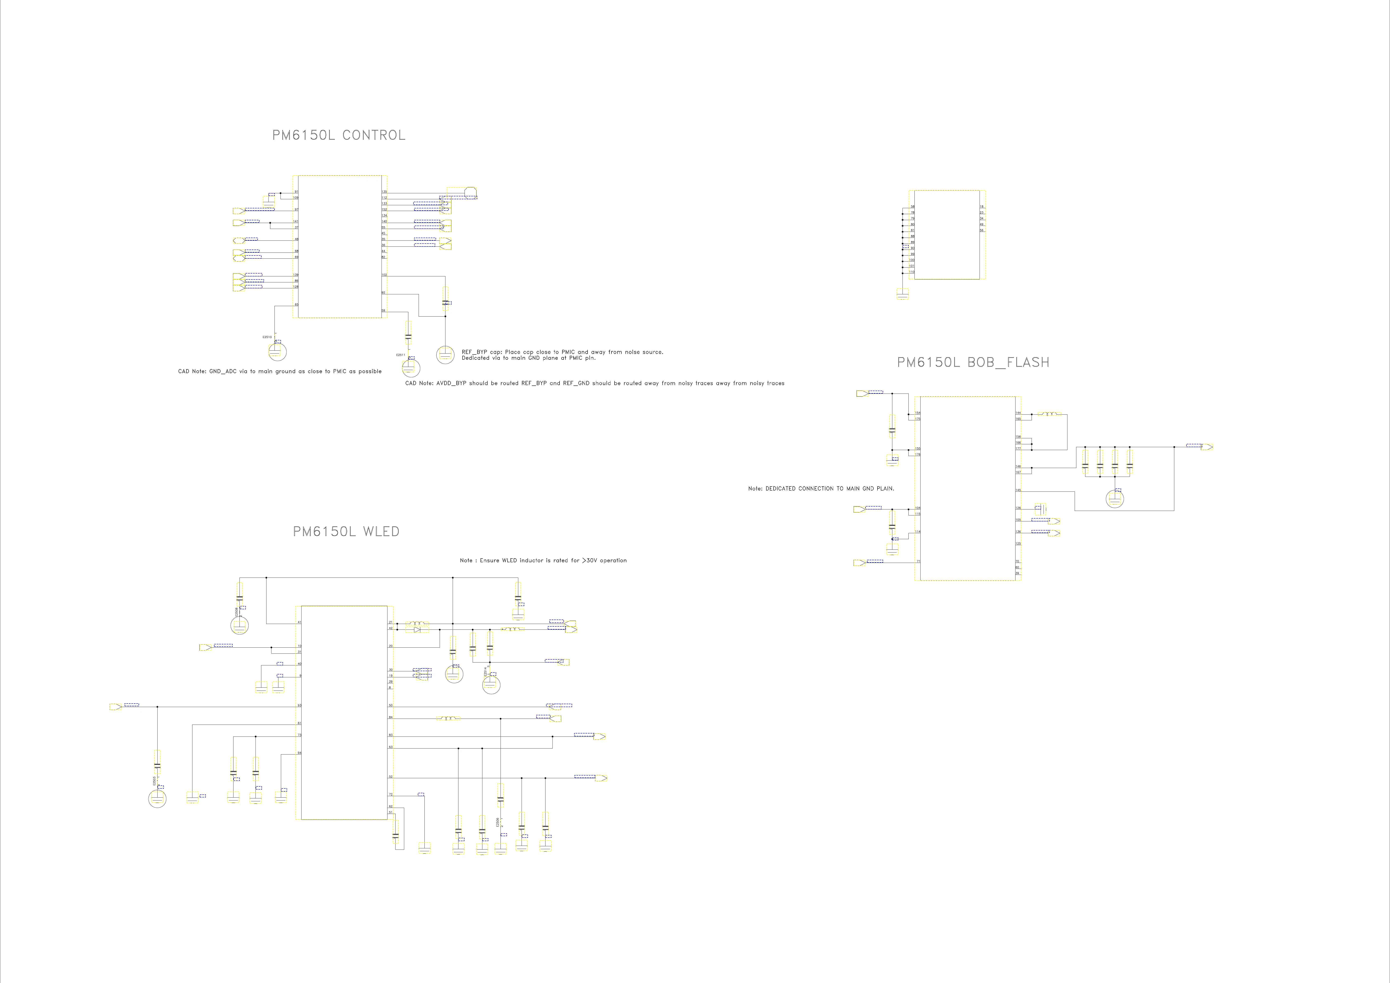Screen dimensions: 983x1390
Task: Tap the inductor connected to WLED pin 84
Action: [x=448, y=719]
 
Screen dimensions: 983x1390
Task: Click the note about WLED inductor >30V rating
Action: [x=543, y=561]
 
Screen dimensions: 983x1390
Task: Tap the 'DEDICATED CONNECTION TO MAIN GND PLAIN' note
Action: [x=821, y=488]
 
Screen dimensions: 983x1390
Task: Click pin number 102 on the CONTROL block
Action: [x=384, y=275]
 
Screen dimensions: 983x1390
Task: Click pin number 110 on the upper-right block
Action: [x=911, y=272]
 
